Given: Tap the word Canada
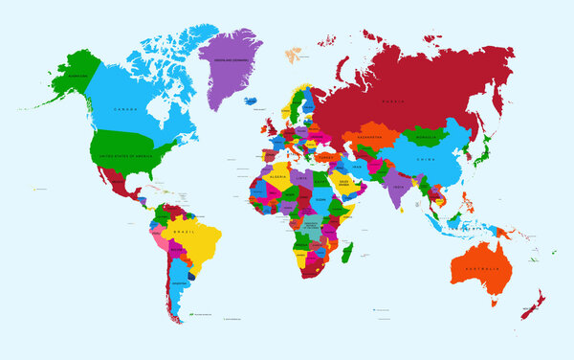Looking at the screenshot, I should pos(124,108).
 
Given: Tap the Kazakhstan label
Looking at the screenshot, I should pos(368,138).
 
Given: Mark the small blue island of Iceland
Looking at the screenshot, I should pos(252,100).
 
